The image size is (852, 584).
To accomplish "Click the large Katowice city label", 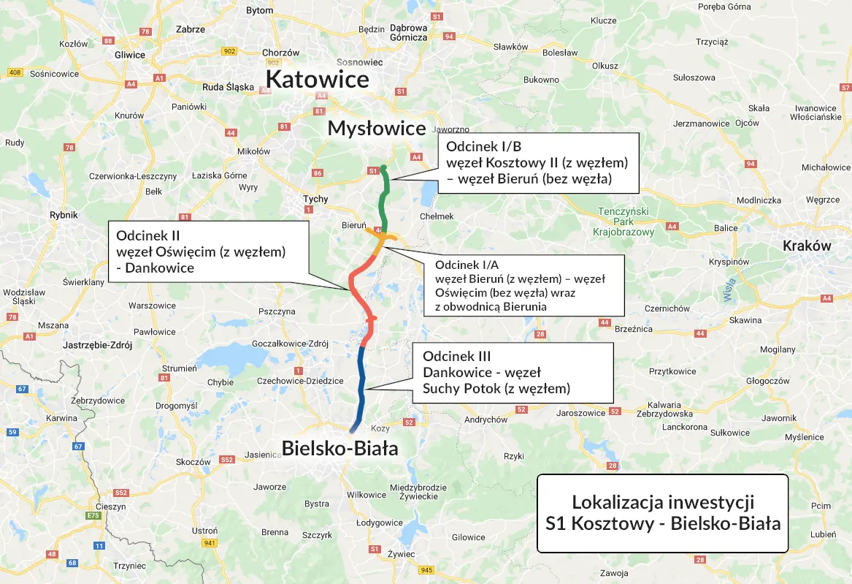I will pyautogui.click(x=317, y=79).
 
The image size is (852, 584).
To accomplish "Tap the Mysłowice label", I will pyautogui.click(x=376, y=129).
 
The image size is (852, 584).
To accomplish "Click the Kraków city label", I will pyautogui.click(x=806, y=246).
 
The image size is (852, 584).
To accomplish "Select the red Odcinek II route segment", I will pyautogui.click(x=358, y=292).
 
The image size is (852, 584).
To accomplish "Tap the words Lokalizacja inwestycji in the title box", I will pyautogui.click(x=662, y=502).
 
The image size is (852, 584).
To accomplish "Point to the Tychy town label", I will pyautogui.click(x=316, y=199).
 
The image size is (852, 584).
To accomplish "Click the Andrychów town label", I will pyautogui.click(x=486, y=420).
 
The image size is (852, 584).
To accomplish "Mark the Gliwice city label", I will pyautogui.click(x=130, y=55).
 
